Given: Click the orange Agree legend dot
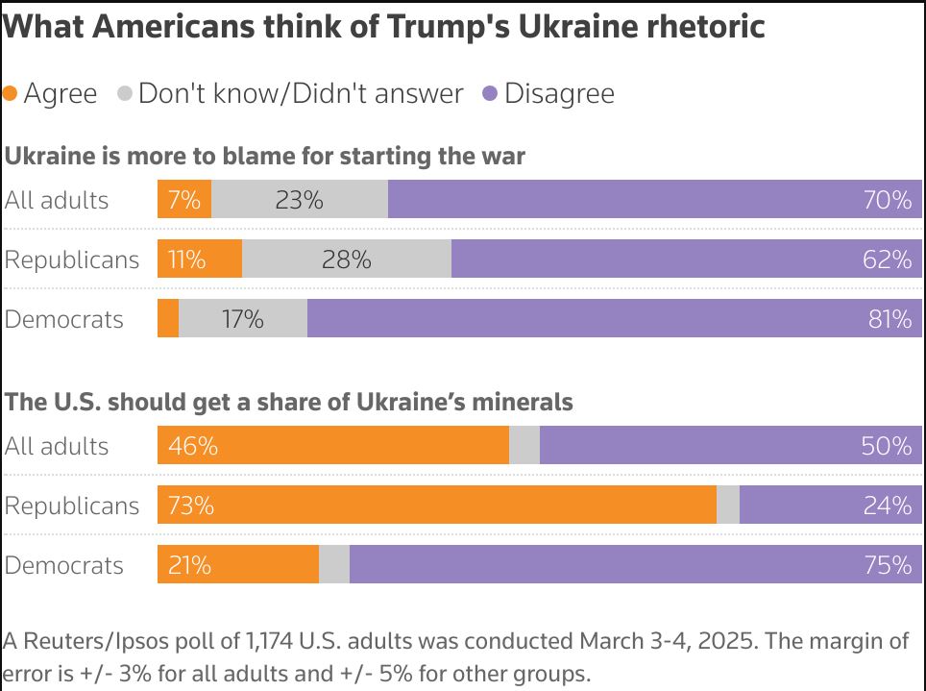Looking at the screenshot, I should pos(11,94).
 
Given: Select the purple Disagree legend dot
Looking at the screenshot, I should pos(490,94).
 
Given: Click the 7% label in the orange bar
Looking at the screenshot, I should pos(183,200).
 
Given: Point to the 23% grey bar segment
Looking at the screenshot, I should pos(300,200).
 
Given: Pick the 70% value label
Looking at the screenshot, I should pos(888,200).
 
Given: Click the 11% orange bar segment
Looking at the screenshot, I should pos(200,259).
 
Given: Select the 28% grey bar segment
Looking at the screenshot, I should pos(347,259).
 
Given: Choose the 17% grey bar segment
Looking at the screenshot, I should pos(243,319).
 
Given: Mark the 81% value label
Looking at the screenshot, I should pos(889,319).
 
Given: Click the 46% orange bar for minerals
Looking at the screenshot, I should pos(332,446).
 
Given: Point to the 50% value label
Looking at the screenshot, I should pos(888,446).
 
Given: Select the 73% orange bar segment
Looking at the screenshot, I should pos(437,506).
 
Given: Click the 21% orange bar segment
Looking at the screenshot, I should pos(238,565).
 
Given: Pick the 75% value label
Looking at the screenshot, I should pos(888,565).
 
